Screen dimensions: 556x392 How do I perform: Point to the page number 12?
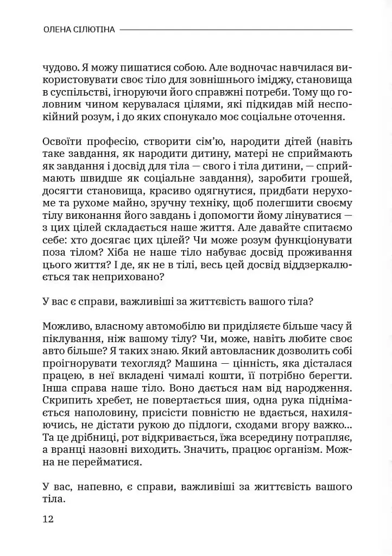[x=48, y=519]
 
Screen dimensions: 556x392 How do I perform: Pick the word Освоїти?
[x=62, y=142]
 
